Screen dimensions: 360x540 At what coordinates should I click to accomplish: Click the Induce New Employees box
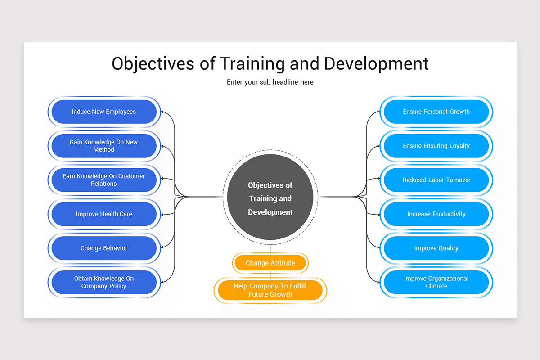tap(103, 112)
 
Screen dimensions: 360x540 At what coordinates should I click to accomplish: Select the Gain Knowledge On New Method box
tap(103, 146)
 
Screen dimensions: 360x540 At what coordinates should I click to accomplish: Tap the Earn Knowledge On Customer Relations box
tap(103, 180)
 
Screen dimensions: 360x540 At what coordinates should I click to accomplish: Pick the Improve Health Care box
tap(103, 214)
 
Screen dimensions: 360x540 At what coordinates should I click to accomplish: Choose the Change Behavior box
tap(103, 248)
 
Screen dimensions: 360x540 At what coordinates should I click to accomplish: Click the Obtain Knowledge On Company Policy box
tap(103, 282)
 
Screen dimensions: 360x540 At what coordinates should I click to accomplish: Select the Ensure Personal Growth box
tap(436, 112)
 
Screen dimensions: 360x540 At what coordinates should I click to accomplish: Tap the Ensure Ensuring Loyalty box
tap(436, 146)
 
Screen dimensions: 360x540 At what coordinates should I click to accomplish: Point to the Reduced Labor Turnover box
tap(436, 180)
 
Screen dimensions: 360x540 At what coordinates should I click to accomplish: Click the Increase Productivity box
tap(436, 214)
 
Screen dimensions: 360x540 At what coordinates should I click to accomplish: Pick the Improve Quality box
tap(436, 248)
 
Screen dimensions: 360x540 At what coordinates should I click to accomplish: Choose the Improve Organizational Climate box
tap(436, 282)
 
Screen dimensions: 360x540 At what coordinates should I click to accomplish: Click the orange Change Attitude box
tap(270, 263)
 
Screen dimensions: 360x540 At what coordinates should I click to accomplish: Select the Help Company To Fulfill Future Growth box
tap(270, 291)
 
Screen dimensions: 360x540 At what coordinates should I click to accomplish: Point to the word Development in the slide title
tap(376, 64)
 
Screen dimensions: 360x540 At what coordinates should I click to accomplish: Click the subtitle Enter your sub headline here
tap(270, 82)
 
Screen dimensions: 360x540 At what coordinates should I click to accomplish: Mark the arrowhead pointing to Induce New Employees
tap(163, 112)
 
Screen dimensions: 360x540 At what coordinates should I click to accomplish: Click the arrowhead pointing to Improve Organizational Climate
tap(377, 282)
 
